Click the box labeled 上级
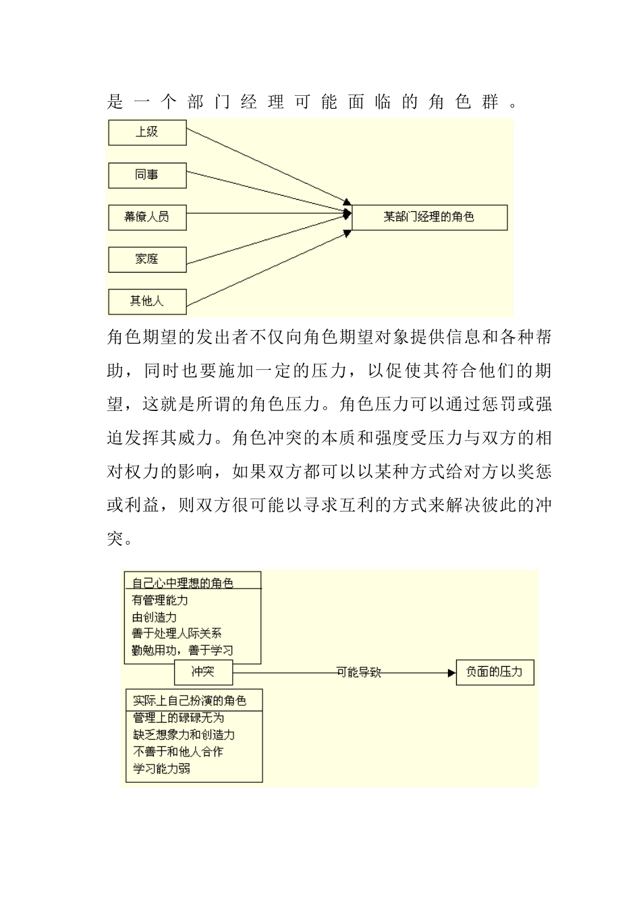point(147,132)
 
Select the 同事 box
point(147,175)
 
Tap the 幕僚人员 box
point(147,217)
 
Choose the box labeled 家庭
point(147,259)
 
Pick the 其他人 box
point(147,301)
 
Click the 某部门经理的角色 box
point(429,217)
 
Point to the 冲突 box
point(203,672)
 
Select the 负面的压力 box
point(495,672)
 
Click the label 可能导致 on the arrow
point(359,673)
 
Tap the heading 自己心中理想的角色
point(183,582)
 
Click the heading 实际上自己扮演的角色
point(190,700)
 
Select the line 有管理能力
point(160,599)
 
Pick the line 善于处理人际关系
point(177,633)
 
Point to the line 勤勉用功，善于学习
point(182,651)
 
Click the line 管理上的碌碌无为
point(178,717)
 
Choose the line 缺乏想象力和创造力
point(184,734)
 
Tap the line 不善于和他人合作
point(178,751)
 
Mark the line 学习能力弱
point(162,768)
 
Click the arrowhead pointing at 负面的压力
point(450,673)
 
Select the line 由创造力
point(155,616)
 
